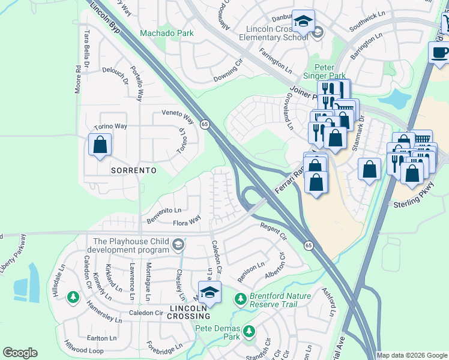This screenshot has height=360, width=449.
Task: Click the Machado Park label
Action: pyautogui.click(x=167, y=33)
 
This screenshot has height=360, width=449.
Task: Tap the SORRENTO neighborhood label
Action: pyautogui.click(x=134, y=170)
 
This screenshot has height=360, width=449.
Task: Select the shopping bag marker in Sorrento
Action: pyautogui.click(x=100, y=145)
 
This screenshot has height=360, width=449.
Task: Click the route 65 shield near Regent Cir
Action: pyautogui.click(x=308, y=245)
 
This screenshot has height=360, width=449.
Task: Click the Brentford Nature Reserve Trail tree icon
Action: pyautogui.click(x=240, y=298)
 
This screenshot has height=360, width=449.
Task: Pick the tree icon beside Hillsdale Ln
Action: pyautogui.click(x=73, y=297)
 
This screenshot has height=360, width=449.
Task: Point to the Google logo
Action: pyautogui.click(x=20, y=353)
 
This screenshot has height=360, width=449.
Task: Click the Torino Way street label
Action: pyautogui.click(x=110, y=127)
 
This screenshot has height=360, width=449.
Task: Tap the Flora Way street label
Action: pyautogui.click(x=186, y=223)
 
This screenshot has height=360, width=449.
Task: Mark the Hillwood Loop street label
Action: pyautogui.click(x=83, y=347)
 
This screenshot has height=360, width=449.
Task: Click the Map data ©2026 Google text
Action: pyautogui.click(x=411, y=355)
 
